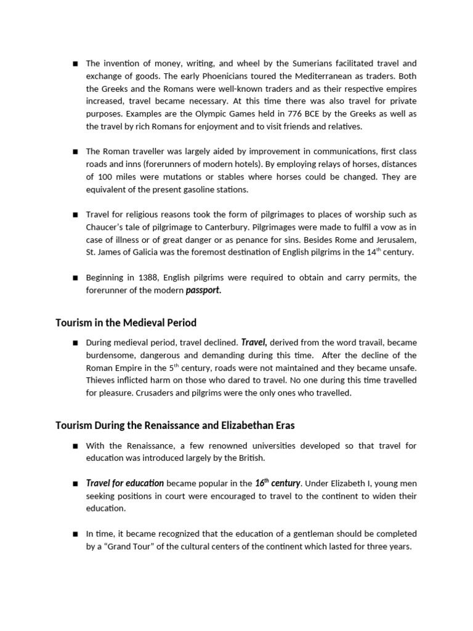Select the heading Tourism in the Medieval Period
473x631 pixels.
[x=126, y=323]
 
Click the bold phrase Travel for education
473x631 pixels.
[x=125, y=483]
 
